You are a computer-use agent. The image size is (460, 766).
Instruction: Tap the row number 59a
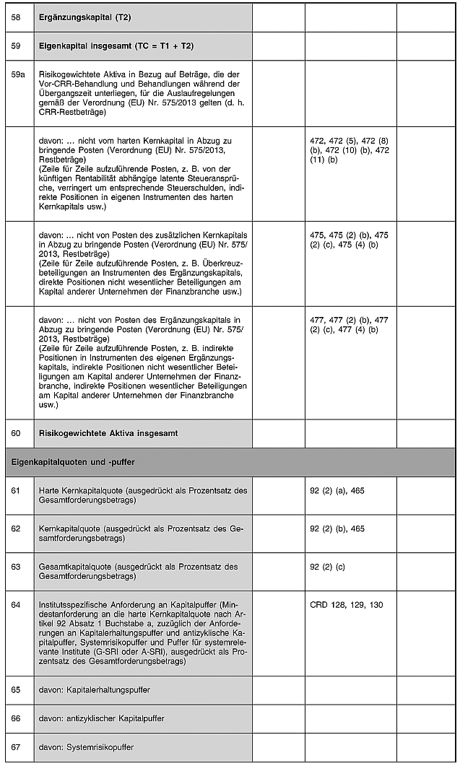click(18, 74)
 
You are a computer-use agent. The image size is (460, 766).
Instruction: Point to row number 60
click(16, 433)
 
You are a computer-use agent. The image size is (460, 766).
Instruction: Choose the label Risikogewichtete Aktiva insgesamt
click(108, 433)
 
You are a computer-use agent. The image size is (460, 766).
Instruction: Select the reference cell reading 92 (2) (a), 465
click(337, 491)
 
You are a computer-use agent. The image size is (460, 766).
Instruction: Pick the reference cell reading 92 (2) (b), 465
click(337, 528)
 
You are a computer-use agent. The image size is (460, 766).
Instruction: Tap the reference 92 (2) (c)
click(327, 567)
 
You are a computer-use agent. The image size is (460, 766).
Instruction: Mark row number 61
click(16, 491)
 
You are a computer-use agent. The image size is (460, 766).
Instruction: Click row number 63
click(16, 567)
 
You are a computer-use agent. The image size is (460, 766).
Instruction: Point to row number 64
click(16, 604)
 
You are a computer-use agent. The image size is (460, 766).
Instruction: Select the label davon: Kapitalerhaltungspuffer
click(94, 689)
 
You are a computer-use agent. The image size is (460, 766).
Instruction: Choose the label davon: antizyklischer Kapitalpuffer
click(101, 718)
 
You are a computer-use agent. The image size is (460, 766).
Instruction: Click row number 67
click(16, 747)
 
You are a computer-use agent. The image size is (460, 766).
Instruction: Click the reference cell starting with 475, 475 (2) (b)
click(350, 240)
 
